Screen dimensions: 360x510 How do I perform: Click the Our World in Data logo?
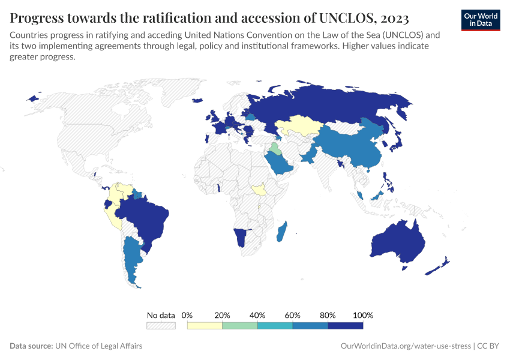481,19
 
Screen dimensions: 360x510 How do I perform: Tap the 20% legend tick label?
223,315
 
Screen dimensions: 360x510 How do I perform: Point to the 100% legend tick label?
363,315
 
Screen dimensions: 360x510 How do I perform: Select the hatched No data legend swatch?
161,325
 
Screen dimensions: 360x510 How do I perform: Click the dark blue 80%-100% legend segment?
346,325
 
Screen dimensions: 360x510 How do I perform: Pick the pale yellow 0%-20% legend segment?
205,325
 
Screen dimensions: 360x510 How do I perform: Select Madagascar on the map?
281,232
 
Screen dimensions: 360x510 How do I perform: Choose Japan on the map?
397,141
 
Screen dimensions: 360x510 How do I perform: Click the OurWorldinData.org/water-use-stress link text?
405,346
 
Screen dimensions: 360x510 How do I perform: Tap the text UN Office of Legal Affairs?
98,346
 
